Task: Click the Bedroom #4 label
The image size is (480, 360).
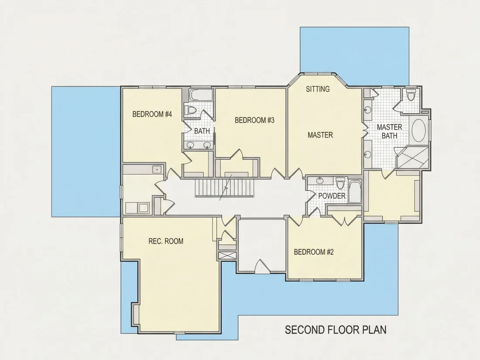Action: tap(152, 114)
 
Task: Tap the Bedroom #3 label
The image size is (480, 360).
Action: tap(254, 120)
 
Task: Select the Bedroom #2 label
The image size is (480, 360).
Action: tap(313, 252)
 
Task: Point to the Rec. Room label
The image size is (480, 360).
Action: tap(166, 241)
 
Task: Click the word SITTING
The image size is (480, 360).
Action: tap(318, 89)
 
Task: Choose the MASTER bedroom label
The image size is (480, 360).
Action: tap(320, 135)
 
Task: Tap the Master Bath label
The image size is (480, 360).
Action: tap(389, 131)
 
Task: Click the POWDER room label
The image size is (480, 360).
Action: tap(332, 196)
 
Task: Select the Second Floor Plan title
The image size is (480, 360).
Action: tap(336, 330)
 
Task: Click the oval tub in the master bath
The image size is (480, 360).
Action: tap(418, 130)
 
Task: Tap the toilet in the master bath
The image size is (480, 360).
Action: tap(411, 94)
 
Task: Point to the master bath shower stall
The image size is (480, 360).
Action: tap(412, 158)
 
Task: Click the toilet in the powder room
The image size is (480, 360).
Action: tap(340, 183)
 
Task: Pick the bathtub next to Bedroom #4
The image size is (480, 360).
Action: tap(201, 95)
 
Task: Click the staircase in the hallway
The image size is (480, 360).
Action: tap(225, 188)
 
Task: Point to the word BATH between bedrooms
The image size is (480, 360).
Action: tap(202, 131)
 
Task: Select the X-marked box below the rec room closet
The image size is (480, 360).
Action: tap(227, 256)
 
